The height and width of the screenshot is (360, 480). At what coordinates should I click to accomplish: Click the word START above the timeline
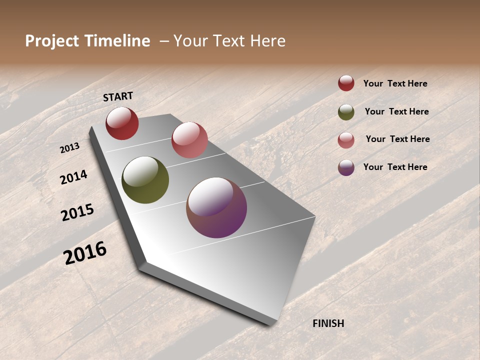click(118, 96)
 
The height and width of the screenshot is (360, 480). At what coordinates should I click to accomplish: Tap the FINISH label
click(328, 323)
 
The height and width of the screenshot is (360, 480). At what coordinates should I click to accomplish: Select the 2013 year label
click(70, 147)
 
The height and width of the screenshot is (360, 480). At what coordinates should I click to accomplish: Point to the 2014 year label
click(74, 177)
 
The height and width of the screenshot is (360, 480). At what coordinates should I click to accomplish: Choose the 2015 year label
click(77, 212)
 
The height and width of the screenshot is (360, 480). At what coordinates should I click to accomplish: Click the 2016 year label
click(85, 252)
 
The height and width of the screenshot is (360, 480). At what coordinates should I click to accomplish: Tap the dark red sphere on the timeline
click(122, 123)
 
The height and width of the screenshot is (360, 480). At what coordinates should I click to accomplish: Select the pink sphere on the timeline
click(189, 140)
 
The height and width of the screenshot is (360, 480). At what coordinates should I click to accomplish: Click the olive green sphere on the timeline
click(145, 180)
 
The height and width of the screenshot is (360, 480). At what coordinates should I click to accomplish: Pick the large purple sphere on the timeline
click(216, 207)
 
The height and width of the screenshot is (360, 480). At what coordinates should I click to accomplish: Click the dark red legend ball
click(346, 83)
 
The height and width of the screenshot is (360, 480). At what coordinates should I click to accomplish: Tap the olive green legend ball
click(346, 112)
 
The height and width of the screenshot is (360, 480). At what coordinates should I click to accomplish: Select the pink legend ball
click(346, 140)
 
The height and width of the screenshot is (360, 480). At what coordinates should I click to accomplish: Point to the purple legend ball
click(346, 167)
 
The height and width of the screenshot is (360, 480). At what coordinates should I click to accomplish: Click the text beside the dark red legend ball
click(395, 83)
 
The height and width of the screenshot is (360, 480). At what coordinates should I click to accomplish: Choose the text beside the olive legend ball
click(396, 111)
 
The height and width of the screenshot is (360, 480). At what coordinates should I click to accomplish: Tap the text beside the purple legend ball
click(395, 167)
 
